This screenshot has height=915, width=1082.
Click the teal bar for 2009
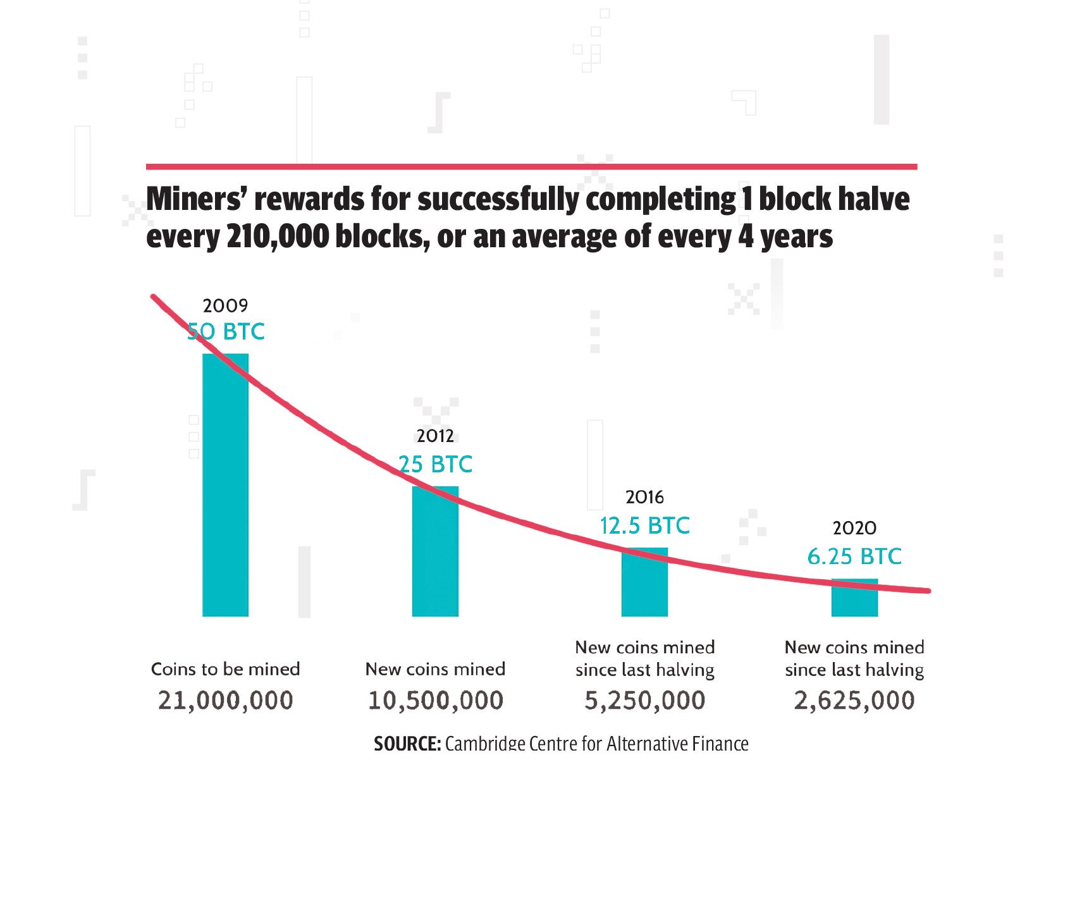(x=225, y=485)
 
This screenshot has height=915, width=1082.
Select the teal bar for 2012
(x=435, y=551)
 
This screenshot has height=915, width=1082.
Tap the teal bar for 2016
(x=644, y=582)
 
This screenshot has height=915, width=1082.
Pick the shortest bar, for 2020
(x=854, y=598)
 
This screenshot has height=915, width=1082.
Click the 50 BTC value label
(x=226, y=331)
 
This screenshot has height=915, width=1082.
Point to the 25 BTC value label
(x=436, y=464)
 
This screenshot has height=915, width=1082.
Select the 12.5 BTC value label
(x=644, y=525)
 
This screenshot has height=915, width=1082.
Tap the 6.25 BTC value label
(x=854, y=556)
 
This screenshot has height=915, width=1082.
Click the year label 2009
(x=225, y=305)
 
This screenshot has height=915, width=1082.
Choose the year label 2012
(x=435, y=436)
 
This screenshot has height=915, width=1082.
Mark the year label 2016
(x=644, y=497)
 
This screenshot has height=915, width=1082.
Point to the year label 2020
(x=854, y=528)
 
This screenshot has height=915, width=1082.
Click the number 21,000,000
(x=226, y=701)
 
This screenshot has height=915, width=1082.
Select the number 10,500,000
(x=436, y=701)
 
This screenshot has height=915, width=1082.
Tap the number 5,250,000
(x=644, y=701)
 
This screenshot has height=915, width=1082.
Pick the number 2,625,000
(x=854, y=701)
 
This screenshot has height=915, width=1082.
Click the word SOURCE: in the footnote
(x=407, y=744)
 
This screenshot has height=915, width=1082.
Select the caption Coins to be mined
(x=226, y=669)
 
